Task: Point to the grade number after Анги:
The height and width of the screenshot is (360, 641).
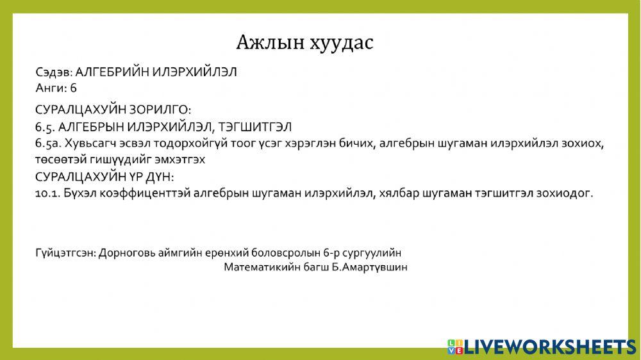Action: point(73,88)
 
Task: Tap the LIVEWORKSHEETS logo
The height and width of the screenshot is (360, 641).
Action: point(541,347)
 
